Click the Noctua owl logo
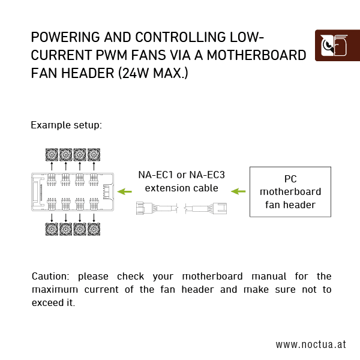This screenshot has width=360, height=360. pos(337,45)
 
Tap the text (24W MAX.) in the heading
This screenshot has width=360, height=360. pos(150,74)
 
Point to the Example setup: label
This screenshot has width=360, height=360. pos(66,125)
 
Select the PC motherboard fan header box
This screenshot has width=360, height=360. pos(290,192)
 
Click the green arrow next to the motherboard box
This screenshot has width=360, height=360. pos(239,192)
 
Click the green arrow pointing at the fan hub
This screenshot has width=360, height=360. pos(125,192)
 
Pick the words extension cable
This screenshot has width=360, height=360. pos(181,188)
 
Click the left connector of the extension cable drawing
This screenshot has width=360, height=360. pos(145,209)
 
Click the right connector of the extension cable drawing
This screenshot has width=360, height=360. pos(220,209)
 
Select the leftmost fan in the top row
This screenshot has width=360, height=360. pos(52,154)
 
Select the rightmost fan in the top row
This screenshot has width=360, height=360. pos(94,154)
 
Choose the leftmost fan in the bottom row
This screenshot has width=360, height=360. pos(52,229)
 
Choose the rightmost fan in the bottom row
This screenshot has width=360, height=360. pos(94,229)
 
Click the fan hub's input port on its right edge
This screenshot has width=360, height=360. pos(106,192)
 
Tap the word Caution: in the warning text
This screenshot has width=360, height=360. pos(51,277)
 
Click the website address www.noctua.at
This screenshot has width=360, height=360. pos(311,344)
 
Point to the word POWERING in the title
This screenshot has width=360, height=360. pos(63,37)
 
